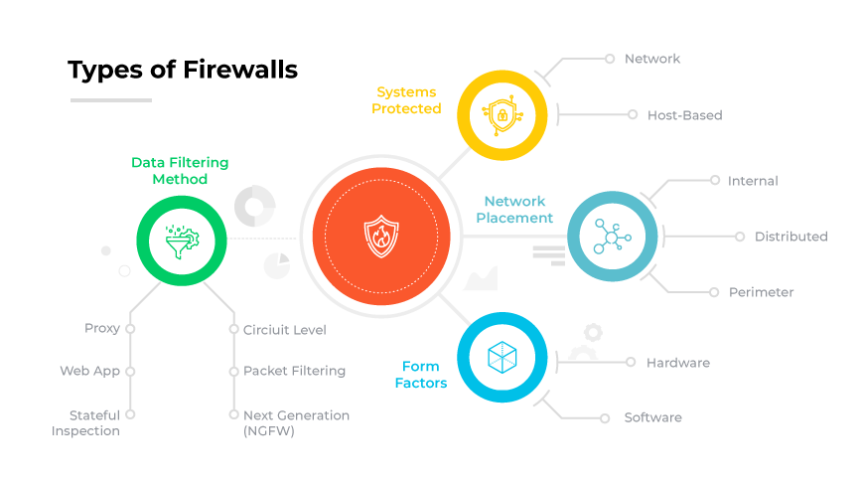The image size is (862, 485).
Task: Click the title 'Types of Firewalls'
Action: tap(182, 71)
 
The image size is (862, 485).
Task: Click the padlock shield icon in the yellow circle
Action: tap(503, 116)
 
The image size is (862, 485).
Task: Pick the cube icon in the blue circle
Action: tap(502, 359)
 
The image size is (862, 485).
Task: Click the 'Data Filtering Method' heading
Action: tap(180, 171)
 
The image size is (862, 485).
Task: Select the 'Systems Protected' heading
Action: tap(406, 100)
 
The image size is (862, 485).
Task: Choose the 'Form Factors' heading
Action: tap(421, 375)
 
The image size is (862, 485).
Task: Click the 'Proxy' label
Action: tap(102, 329)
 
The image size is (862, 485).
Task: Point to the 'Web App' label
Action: tap(89, 371)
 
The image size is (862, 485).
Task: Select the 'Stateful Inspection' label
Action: tap(86, 423)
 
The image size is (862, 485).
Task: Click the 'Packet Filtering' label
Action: tap(294, 371)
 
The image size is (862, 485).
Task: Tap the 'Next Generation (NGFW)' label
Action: tap(296, 423)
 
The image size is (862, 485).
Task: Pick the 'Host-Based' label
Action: tap(684, 115)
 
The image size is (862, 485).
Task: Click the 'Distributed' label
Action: tap(790, 237)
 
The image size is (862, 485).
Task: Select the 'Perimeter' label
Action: tap(761, 292)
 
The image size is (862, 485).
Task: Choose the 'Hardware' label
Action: tap(678, 363)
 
